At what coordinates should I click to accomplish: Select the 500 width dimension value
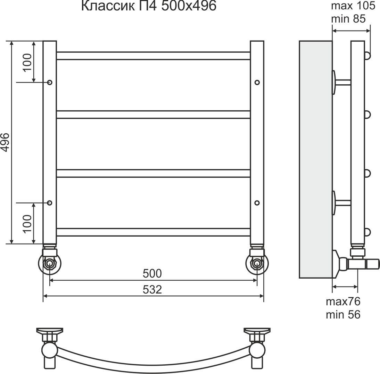click(152, 274)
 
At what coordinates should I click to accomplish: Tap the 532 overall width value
click(152, 290)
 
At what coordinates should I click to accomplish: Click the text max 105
click(353, 6)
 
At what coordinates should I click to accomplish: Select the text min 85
click(348, 18)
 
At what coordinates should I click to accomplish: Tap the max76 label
click(343, 301)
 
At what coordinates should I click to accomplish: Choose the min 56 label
click(343, 314)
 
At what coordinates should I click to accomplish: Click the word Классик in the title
click(107, 6)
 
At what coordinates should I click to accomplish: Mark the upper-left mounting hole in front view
click(50, 83)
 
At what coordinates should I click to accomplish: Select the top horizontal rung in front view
click(153, 56)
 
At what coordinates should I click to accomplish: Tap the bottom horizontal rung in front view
click(153, 232)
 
